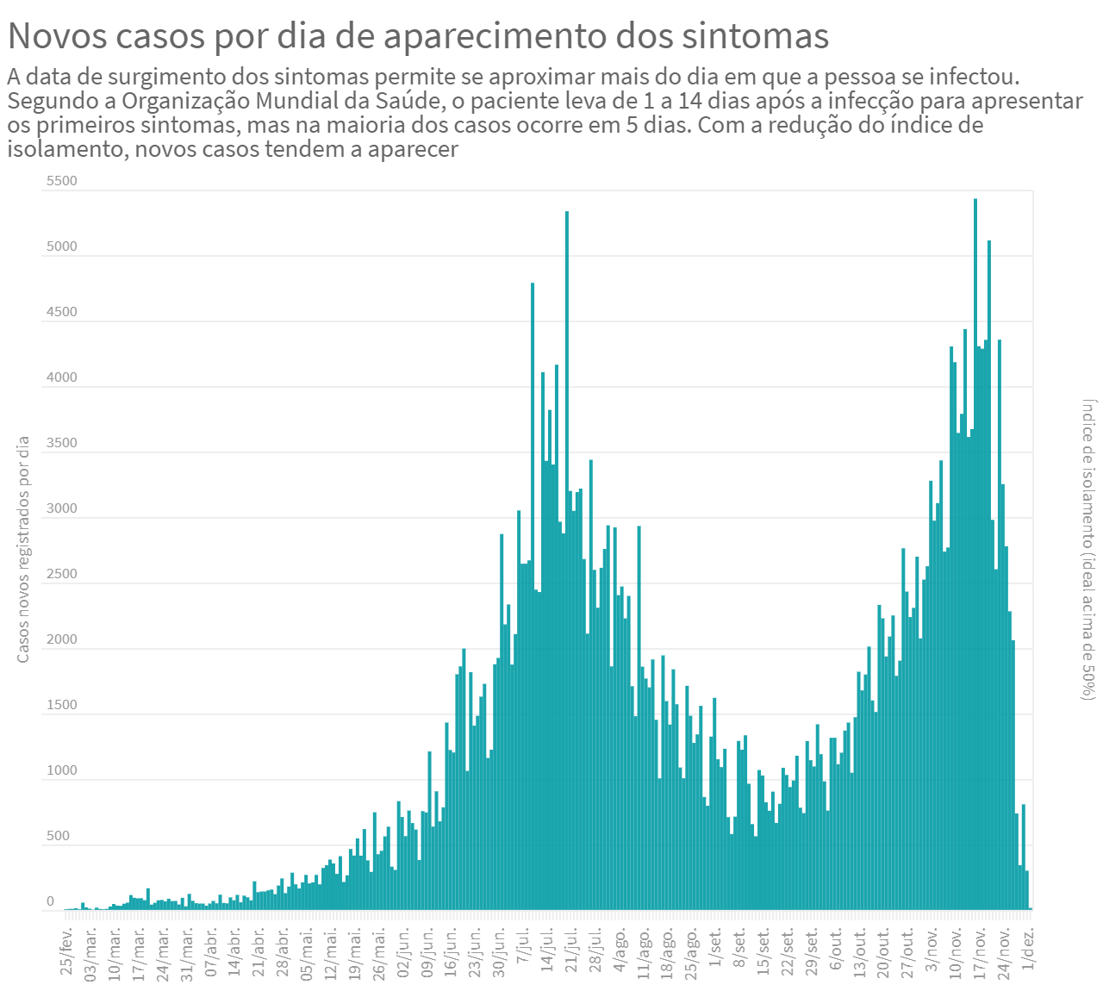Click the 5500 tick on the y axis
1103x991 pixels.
(x=61, y=181)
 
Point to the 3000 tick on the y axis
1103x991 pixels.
(x=61, y=508)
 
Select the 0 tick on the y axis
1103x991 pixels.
(x=50, y=901)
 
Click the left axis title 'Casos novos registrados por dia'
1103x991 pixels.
(x=23, y=550)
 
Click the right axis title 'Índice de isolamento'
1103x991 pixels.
(x=1089, y=549)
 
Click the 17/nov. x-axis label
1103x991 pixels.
(x=980, y=951)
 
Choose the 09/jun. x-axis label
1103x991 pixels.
(x=427, y=951)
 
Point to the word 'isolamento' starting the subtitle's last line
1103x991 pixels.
(x=67, y=149)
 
